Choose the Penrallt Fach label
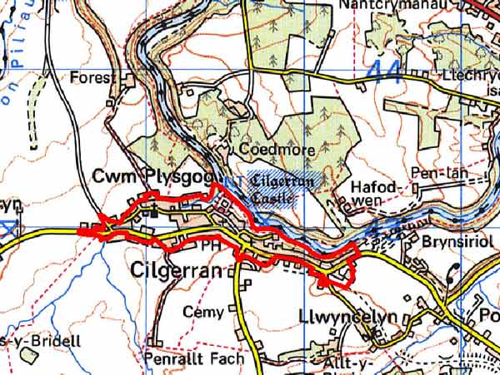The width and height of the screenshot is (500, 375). (x=194, y=359)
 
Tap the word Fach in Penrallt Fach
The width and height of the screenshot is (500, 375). (x=226, y=359)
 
